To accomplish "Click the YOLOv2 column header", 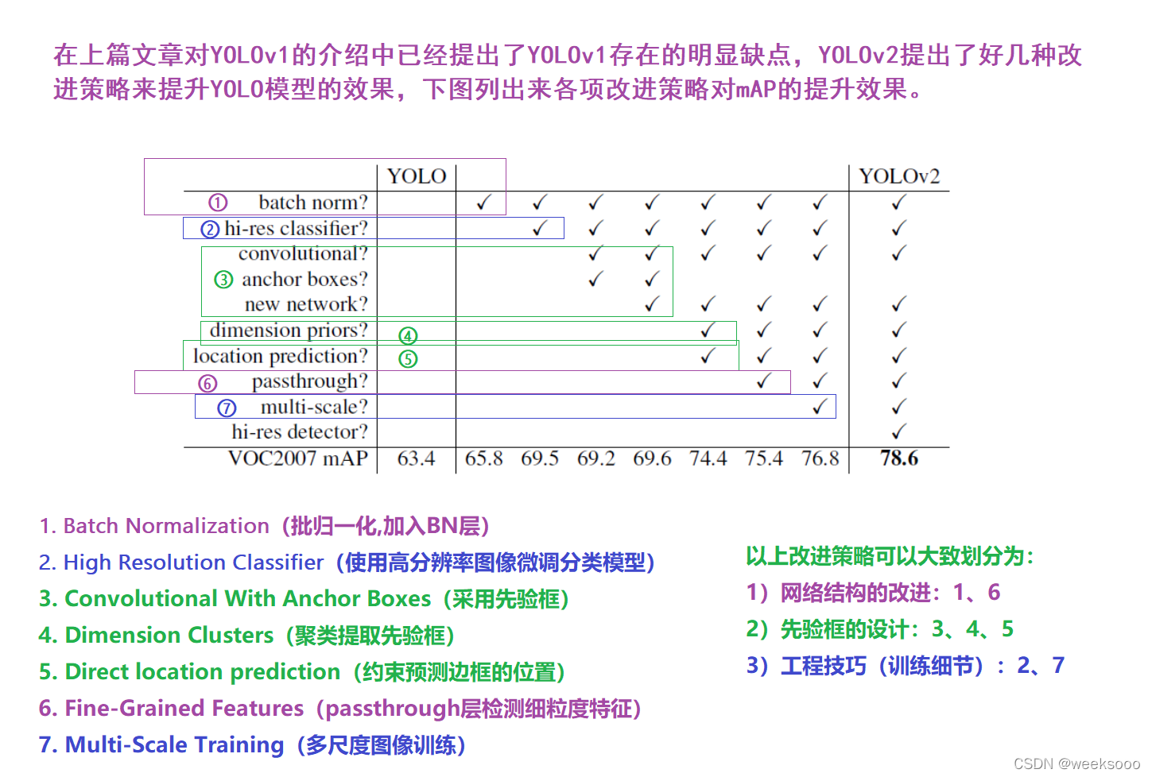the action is click(899, 176).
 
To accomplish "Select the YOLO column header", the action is click(417, 176).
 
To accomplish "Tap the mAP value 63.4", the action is click(416, 458).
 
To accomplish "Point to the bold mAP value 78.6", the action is click(899, 458).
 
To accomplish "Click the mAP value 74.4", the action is click(708, 458).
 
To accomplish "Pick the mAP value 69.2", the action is click(595, 458).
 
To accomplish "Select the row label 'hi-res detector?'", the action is click(300, 432).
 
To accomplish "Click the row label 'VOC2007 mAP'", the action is click(298, 458).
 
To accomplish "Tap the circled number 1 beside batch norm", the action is click(218, 203).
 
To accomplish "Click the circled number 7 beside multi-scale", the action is click(227, 408).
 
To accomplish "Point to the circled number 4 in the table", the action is click(408, 335).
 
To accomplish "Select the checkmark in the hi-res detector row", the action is click(898, 432).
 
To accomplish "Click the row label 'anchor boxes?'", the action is click(304, 280).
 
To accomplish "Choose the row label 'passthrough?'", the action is click(309, 382).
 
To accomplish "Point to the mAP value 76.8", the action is click(820, 458).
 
